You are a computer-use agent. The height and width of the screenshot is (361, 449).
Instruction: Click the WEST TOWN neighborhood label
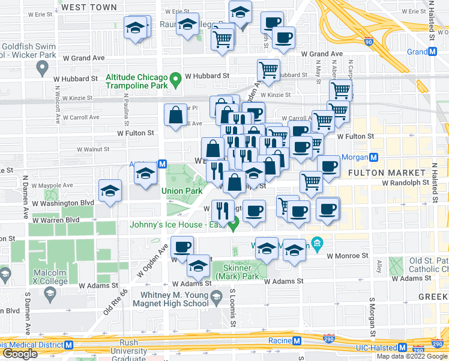(x=89, y=7)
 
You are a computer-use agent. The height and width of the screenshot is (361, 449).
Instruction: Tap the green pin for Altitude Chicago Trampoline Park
(x=176, y=78)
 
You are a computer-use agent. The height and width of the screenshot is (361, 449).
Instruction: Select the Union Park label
(x=181, y=191)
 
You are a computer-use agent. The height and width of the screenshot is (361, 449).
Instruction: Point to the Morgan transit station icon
(x=373, y=158)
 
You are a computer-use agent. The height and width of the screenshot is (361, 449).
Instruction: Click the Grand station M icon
(x=432, y=52)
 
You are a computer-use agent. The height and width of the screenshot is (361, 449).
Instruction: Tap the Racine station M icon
(x=296, y=341)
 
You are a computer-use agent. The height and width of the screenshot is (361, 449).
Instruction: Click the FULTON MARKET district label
(x=382, y=173)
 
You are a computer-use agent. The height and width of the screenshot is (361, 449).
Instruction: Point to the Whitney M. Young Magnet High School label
(x=174, y=299)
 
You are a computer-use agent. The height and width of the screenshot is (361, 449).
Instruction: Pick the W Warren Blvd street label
(x=56, y=220)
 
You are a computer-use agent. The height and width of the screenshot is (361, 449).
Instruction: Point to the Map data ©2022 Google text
(x=411, y=356)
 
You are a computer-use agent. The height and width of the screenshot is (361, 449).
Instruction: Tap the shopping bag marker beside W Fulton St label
(x=175, y=116)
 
